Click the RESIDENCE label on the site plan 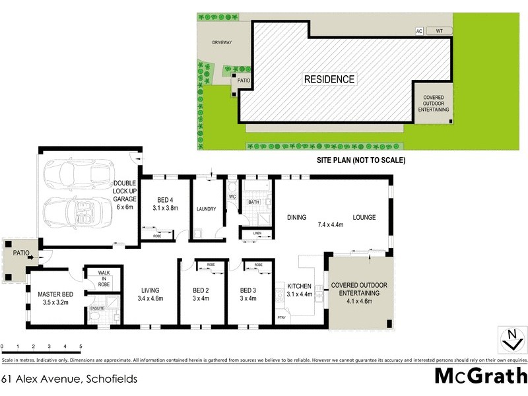pyautogui.click(x=329, y=79)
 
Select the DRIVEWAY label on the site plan pyautogui.click(x=222, y=42)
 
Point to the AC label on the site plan pyautogui.click(x=418, y=31)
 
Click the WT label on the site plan pyautogui.click(x=438, y=31)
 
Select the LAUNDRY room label pyautogui.click(x=206, y=209)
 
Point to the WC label pyautogui.click(x=232, y=197)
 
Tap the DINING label pyautogui.click(x=296, y=217)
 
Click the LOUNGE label pyautogui.click(x=364, y=217)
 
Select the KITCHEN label pyautogui.click(x=299, y=286)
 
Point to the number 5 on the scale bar pyautogui.click(x=81, y=346)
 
